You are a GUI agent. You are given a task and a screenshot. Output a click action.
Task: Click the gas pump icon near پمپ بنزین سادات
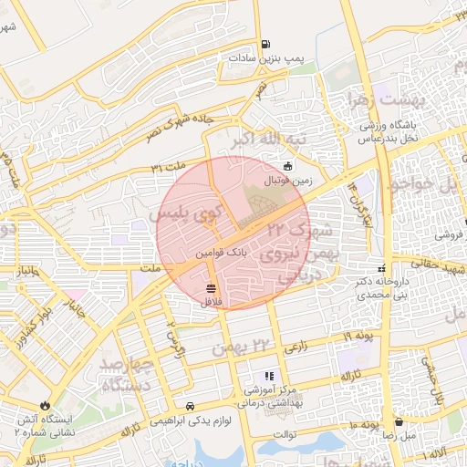click(x=265, y=43)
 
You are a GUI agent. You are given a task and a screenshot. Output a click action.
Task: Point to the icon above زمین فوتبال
click(x=288, y=166)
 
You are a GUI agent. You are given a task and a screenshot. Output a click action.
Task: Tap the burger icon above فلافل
click(x=211, y=288)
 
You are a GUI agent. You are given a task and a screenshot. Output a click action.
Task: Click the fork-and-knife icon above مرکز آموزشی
click(x=268, y=375)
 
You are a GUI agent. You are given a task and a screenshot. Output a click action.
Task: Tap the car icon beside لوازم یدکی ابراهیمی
click(x=189, y=405)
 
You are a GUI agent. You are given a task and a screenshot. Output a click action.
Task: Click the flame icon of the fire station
click(x=45, y=405)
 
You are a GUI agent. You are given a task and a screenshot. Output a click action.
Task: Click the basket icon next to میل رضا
click(x=400, y=422)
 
